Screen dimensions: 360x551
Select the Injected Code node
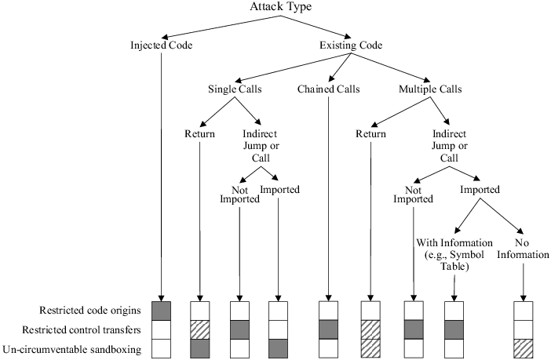coord(161,45)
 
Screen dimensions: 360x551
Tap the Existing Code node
coord(352,45)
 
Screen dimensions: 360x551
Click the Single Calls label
coord(235,89)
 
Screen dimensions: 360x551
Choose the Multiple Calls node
coord(428,89)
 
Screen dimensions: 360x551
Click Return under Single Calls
coord(200,134)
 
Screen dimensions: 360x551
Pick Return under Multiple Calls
coord(370,134)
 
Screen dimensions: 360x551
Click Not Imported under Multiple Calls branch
coord(413,194)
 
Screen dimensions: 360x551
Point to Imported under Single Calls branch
coord(279,189)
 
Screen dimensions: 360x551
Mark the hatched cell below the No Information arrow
coord(522,347)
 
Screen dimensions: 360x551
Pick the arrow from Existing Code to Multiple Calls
coord(388,67)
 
